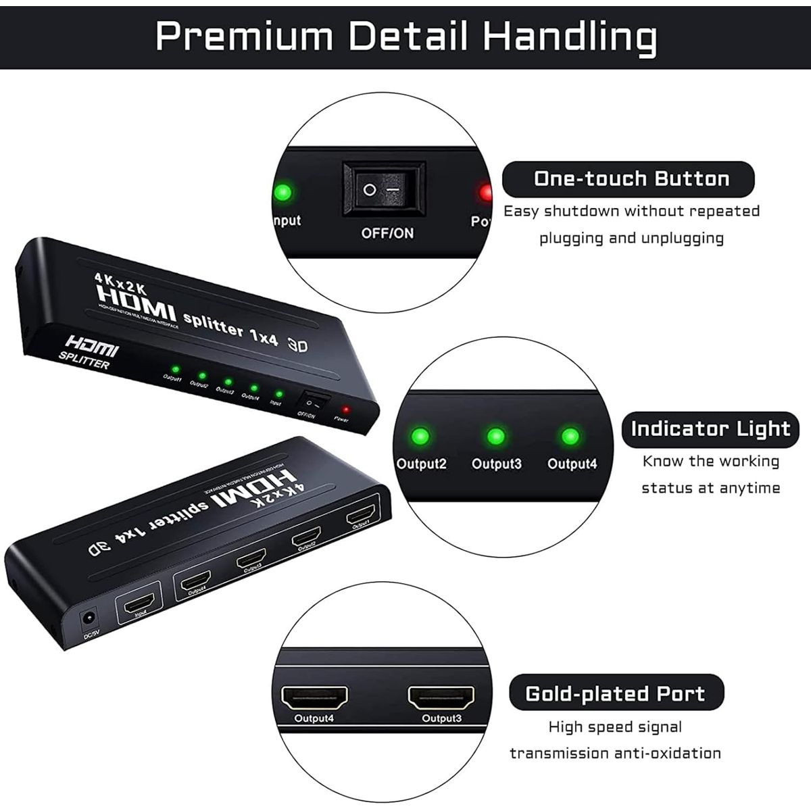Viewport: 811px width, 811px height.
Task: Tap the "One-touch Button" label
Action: pyautogui.click(x=631, y=179)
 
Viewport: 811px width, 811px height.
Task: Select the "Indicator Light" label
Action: pyautogui.click(x=710, y=429)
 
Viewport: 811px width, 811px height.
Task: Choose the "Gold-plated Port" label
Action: pyautogui.click(x=615, y=694)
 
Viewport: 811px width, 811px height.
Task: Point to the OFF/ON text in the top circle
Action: pyautogui.click(x=387, y=233)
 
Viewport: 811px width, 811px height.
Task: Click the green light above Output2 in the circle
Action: pyautogui.click(x=420, y=436)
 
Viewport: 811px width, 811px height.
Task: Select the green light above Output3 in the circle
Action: pyautogui.click(x=496, y=436)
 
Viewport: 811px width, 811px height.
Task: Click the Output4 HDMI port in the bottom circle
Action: pyautogui.click(x=314, y=697)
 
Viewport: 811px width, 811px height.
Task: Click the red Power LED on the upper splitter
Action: pyautogui.click(x=345, y=410)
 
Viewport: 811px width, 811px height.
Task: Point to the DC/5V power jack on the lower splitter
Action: pyautogui.click(x=88, y=618)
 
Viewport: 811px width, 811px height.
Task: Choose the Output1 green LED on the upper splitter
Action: pyautogui.click(x=174, y=369)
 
